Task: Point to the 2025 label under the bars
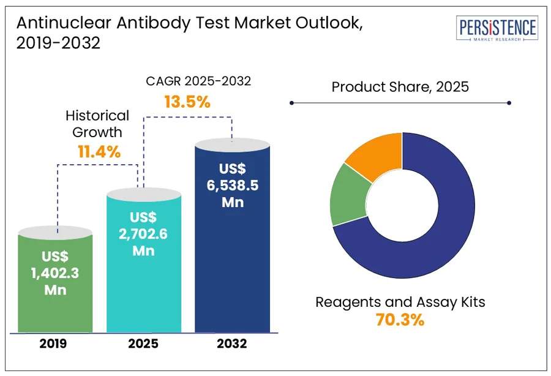(x=144, y=344)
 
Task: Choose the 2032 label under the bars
(x=232, y=344)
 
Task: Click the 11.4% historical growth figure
(x=99, y=151)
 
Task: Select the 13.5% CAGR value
(x=187, y=101)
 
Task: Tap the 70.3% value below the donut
(x=401, y=320)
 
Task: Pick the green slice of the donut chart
(x=347, y=194)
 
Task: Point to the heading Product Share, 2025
(x=400, y=86)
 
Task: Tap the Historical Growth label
(x=97, y=123)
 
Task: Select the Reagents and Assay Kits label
(x=401, y=302)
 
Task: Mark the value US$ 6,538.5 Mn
(x=232, y=185)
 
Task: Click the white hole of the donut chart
(x=402, y=205)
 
